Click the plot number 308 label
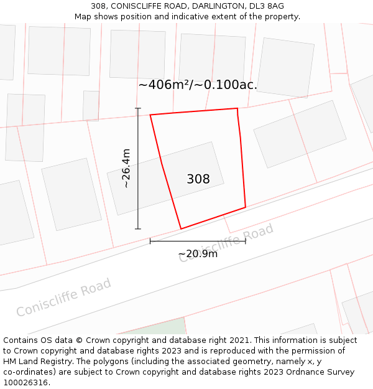(x=198, y=179)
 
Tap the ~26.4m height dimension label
(x=126, y=168)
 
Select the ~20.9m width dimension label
(x=198, y=254)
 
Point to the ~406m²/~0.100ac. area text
(x=198, y=85)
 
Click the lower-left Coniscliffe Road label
(x=63, y=298)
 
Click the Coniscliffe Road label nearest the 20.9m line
(x=226, y=243)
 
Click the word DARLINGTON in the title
(x=212, y=6)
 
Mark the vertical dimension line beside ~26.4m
(x=138, y=168)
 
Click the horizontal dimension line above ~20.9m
(x=198, y=241)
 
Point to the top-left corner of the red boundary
(x=150, y=115)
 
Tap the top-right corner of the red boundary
(x=237, y=109)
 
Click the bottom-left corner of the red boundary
(x=181, y=229)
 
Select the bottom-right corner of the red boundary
(x=246, y=207)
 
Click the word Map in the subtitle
(x=83, y=17)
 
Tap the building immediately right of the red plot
(x=300, y=134)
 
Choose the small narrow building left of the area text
(x=91, y=105)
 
